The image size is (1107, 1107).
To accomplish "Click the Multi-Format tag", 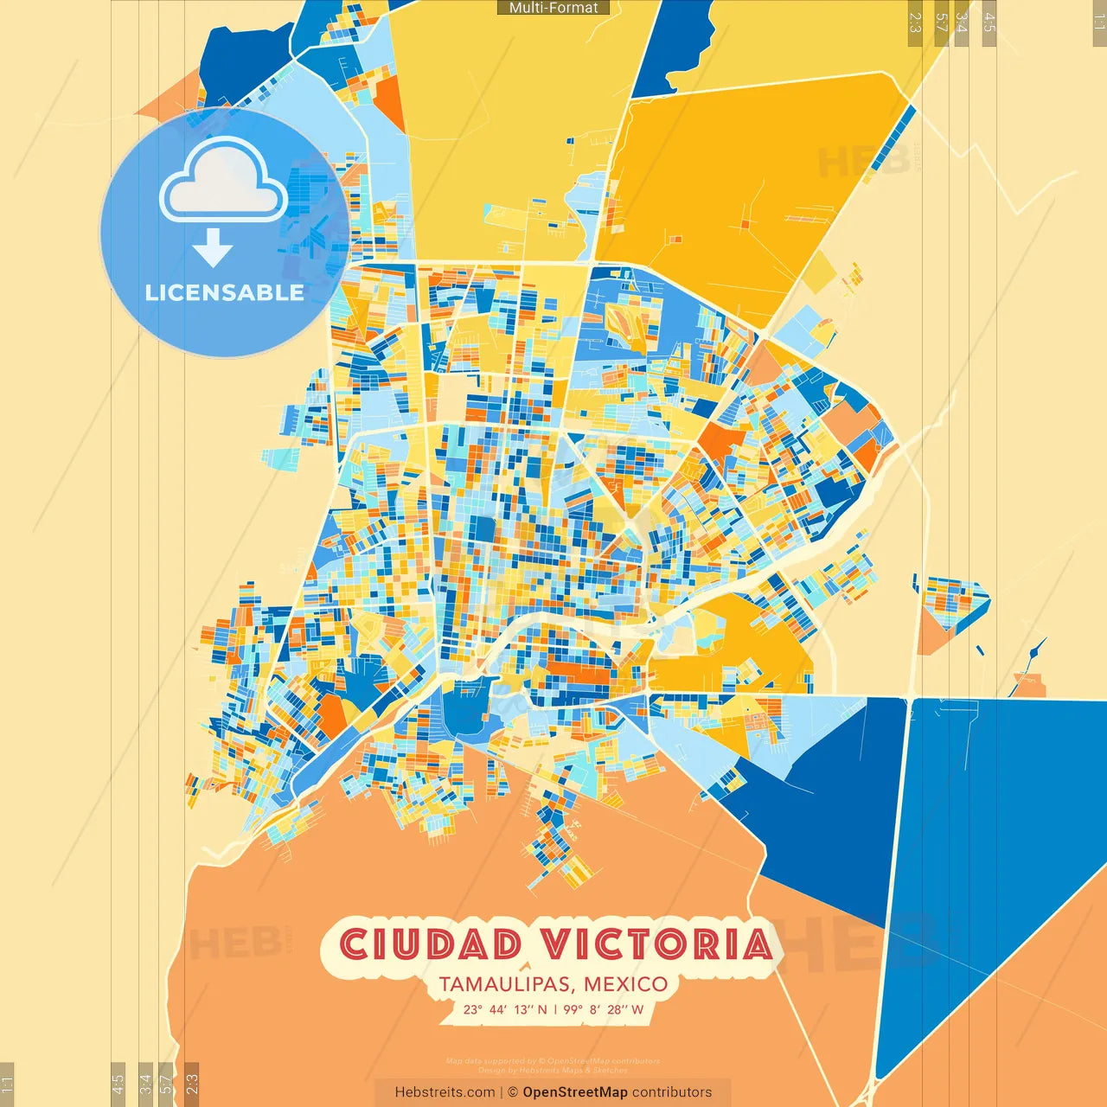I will tap(553, 8).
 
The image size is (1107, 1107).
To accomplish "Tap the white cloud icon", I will tap(224, 181).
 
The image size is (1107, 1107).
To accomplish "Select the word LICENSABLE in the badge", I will tap(224, 292).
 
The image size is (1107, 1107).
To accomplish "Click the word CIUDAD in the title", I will tap(431, 944).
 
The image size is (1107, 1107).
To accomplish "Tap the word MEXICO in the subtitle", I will tap(625, 984).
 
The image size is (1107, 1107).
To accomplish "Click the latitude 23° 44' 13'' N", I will tap(504, 1009).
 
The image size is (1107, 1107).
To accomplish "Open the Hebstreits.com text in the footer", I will tap(445, 1092).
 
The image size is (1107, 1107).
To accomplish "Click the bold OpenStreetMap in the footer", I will tap(575, 1092).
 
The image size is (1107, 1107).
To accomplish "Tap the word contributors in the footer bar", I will tap(672, 1092).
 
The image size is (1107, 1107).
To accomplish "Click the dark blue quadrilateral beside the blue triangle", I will tap(830, 804).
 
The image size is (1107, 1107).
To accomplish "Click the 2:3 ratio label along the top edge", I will tap(914, 22).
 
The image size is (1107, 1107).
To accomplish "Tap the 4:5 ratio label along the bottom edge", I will tap(118, 1084).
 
